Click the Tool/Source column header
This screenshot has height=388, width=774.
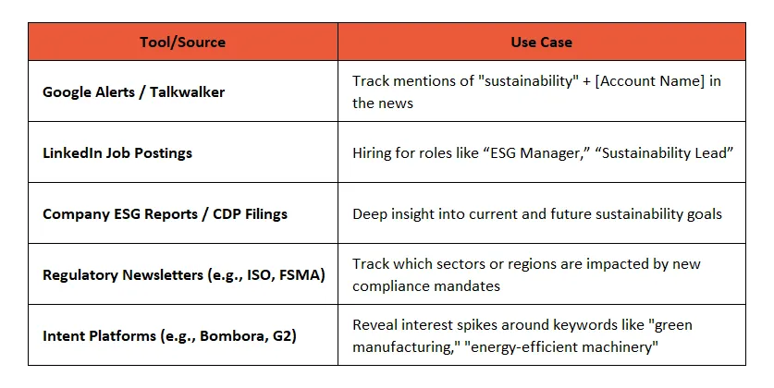click(x=182, y=42)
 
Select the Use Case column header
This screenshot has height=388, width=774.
click(x=541, y=42)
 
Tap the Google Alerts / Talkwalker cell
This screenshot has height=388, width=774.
click(x=133, y=92)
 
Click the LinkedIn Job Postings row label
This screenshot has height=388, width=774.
click(x=117, y=153)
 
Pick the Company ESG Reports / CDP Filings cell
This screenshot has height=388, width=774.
click(x=165, y=214)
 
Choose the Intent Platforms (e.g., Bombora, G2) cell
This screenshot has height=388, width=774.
click(x=169, y=336)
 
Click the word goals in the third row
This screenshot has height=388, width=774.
click(x=701, y=214)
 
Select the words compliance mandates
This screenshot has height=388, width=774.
click(x=425, y=286)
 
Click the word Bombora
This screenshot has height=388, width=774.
click(x=233, y=336)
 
